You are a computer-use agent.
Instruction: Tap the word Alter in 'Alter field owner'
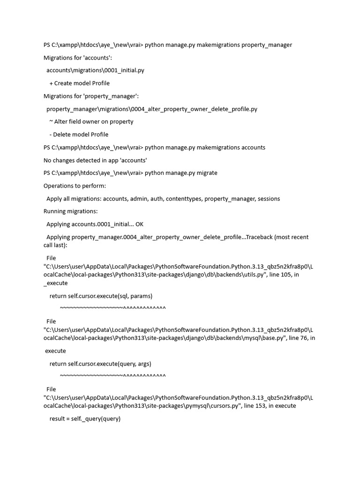pyautogui.click(x=62, y=122)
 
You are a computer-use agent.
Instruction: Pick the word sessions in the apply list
pyautogui.click(x=268, y=199)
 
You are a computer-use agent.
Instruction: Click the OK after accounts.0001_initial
pyautogui.click(x=139, y=224)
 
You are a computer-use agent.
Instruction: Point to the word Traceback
pyautogui.click(x=261, y=237)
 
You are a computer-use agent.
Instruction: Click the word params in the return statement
pyautogui.click(x=141, y=296)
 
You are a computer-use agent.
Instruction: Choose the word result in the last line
pyautogui.click(x=58, y=419)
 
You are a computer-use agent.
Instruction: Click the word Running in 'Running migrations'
pyautogui.click(x=56, y=211)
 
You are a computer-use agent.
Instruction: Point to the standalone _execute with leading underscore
pyautogui.click(x=56, y=283)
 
